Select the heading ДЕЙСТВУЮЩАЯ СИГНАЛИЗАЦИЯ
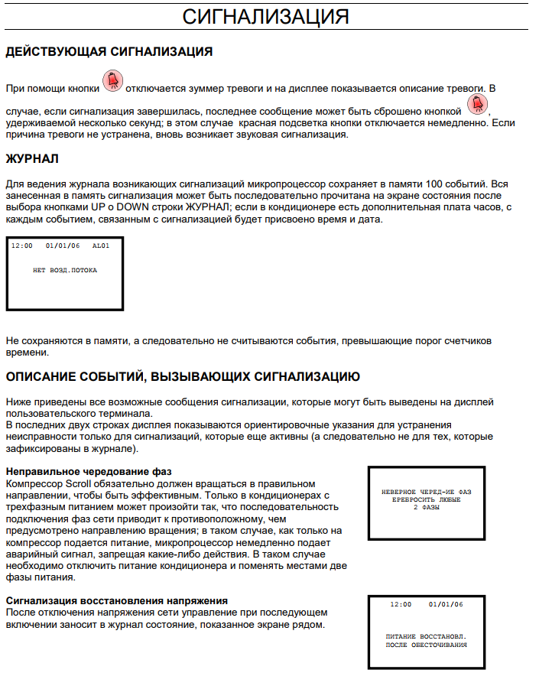(109, 52)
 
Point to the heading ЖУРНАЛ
(32, 159)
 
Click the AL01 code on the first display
(101, 246)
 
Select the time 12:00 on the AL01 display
(22, 246)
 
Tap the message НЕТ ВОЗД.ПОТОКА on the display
(65, 270)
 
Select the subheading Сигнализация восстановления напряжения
(116, 601)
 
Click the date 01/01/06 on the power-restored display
(446, 604)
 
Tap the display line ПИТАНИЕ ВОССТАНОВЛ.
(427, 636)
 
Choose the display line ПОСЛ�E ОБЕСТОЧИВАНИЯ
(427, 645)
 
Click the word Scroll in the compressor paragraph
(77, 484)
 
